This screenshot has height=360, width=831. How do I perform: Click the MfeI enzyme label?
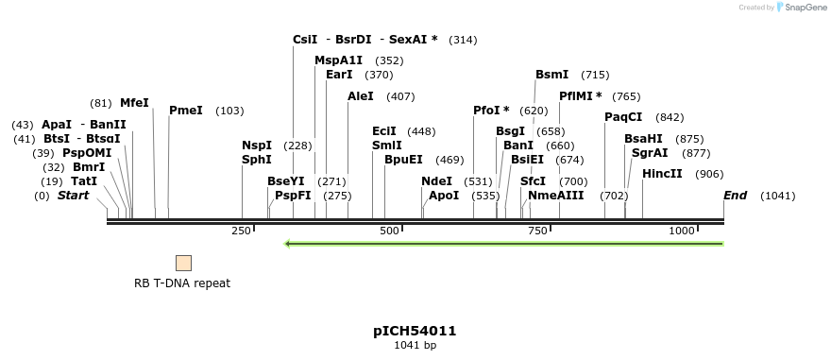[x=134, y=103]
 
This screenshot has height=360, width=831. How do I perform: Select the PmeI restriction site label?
[x=186, y=111]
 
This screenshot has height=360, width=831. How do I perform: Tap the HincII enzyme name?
[x=662, y=174]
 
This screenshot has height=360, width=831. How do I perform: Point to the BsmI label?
[x=552, y=75]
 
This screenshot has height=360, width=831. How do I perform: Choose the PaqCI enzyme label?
[x=623, y=117]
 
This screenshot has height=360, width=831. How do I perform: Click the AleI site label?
[x=361, y=96]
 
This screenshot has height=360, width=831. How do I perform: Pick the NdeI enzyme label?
[x=436, y=181]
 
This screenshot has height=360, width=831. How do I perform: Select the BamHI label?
[x=643, y=139]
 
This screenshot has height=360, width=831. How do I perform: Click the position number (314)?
[x=463, y=40]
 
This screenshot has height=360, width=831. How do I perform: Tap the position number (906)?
[x=709, y=174]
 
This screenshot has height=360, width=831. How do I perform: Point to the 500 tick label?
[x=389, y=231]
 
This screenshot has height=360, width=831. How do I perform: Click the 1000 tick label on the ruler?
[x=682, y=231]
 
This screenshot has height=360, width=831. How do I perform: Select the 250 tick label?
[x=241, y=231]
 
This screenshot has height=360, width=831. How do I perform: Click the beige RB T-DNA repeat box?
[x=183, y=263]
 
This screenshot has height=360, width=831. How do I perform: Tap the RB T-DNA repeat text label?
[x=182, y=283]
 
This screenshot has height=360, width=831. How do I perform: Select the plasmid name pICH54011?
[x=415, y=331]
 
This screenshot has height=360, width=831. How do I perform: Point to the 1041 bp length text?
[x=415, y=346]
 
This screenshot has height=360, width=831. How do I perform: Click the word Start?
[x=73, y=196]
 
